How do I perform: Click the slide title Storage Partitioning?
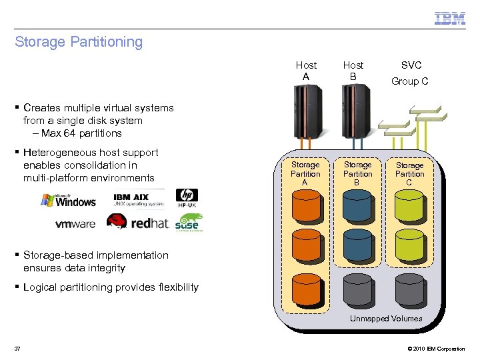coord(79,42)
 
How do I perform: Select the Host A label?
coord(306,71)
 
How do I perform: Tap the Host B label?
coord(353,71)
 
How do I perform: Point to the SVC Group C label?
coord(410,73)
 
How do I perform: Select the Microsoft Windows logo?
coord(68,199)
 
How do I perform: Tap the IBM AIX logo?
coord(138,199)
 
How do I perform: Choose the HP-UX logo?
coord(187,199)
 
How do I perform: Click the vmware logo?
coord(75,224)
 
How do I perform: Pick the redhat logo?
coord(138,223)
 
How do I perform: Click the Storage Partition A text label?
coord(305,173)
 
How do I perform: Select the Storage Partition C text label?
coord(409,174)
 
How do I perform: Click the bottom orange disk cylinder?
coord(306,289)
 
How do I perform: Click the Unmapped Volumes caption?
coord(386,319)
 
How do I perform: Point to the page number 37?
coord(18,349)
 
